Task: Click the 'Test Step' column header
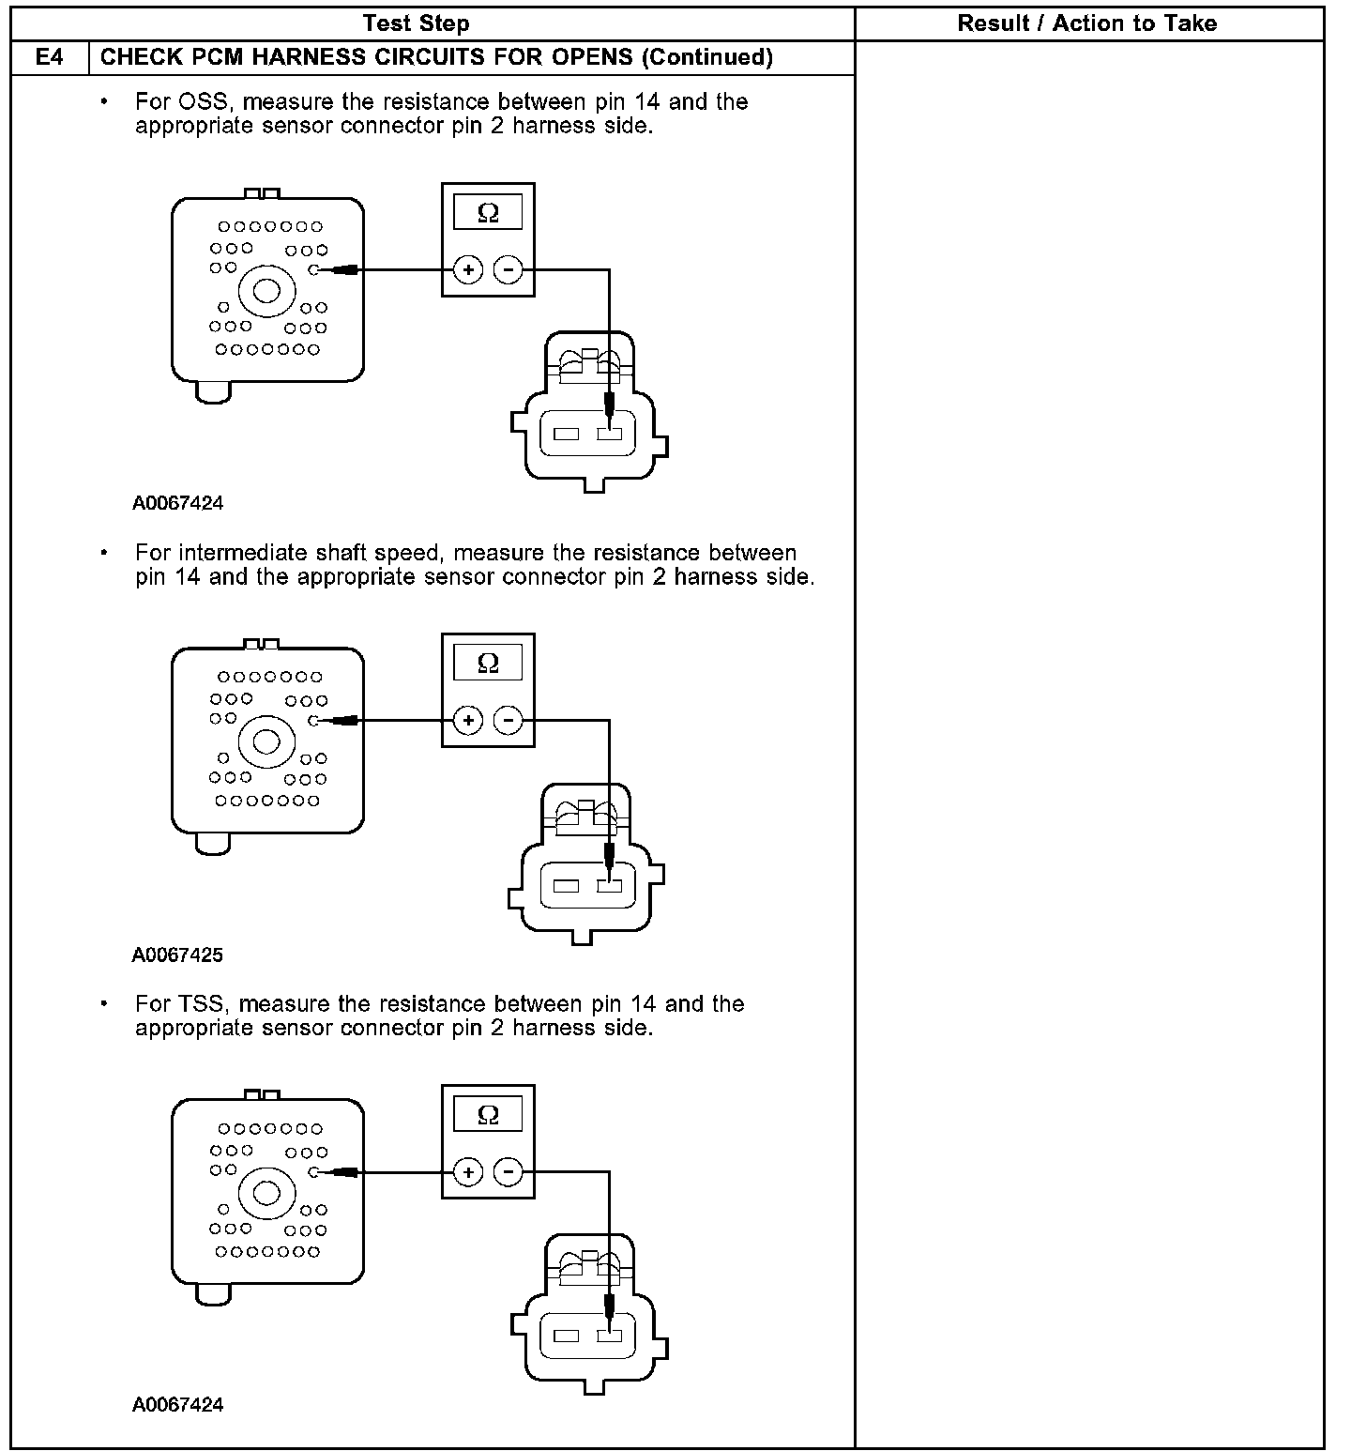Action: pyautogui.click(x=416, y=23)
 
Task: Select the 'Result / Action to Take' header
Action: pyautogui.click(x=1086, y=23)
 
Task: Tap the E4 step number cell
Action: pyautogui.click(x=49, y=57)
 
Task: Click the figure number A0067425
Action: pyautogui.click(x=177, y=955)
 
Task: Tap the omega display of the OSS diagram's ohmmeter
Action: pyautogui.click(x=488, y=213)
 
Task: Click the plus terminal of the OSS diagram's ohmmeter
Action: pyautogui.click(x=468, y=270)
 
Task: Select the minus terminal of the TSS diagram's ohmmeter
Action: pyautogui.click(x=508, y=1172)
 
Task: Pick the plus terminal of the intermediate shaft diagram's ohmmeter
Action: pyautogui.click(x=468, y=721)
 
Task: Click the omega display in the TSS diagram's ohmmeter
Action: pyautogui.click(x=488, y=1115)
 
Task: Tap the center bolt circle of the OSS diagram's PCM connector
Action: pyautogui.click(x=267, y=290)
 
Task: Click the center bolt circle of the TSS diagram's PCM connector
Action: pyautogui.click(x=267, y=1193)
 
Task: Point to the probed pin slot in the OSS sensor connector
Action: pyautogui.click(x=609, y=435)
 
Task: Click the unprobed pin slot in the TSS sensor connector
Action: pyautogui.click(x=566, y=1336)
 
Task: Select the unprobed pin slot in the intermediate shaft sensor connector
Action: pyautogui.click(x=565, y=886)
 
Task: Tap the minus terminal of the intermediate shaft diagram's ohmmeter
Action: pyautogui.click(x=508, y=721)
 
